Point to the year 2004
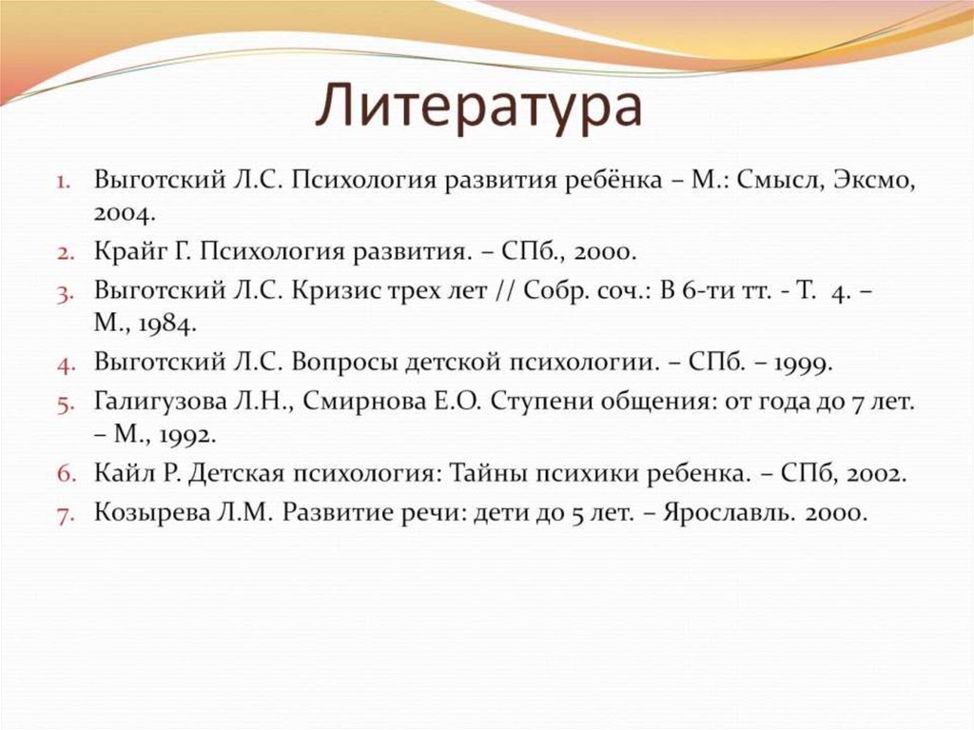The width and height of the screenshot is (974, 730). tap(125, 212)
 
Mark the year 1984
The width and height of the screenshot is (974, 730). tap(161, 324)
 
